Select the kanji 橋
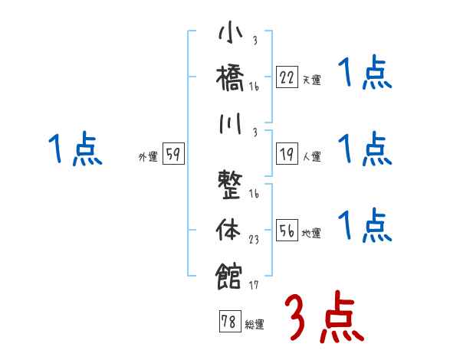pos(230,79)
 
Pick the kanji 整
pos(230,188)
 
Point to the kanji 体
pos(230,230)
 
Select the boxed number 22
pos(287,77)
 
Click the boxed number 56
pos(287,231)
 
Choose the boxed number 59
pos(173,155)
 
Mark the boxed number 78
pos(228,322)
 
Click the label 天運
pos(311,80)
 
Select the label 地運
pos(311,234)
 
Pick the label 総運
pos(254,325)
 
